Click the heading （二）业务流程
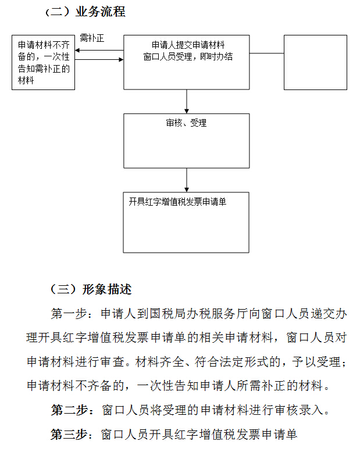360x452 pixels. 85,12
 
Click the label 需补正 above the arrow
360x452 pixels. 92,38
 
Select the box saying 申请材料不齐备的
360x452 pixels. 44,62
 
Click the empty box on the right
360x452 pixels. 315,62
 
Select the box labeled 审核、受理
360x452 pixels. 186,141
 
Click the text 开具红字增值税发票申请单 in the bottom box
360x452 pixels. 177,202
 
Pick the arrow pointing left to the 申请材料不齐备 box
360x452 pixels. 99,51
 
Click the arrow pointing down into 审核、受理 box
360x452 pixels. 187,102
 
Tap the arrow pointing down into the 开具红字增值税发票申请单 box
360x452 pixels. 187,180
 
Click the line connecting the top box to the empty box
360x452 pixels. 266,53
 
